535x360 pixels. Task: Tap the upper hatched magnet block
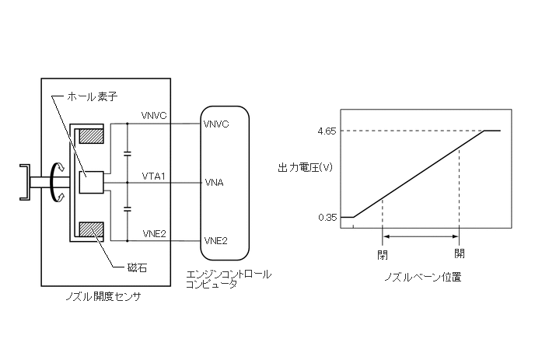coord(93,135)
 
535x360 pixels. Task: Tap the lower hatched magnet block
coord(93,231)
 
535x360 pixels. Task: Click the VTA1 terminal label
coord(152,177)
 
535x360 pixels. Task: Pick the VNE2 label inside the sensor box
coord(152,233)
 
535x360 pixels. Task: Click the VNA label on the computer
coord(214,183)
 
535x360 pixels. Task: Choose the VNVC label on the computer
coord(216,124)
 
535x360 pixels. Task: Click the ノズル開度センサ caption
coord(105,296)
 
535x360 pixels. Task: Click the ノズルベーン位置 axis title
coord(422,277)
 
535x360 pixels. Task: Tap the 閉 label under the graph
coord(382,253)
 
